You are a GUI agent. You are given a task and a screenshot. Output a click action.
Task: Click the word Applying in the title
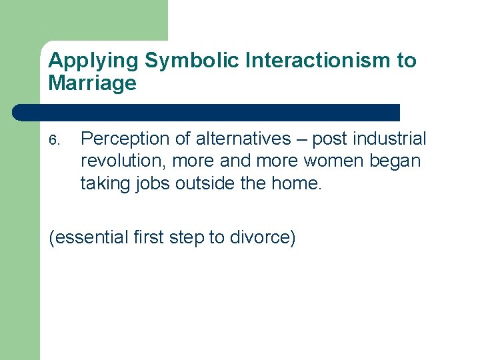(x=94, y=61)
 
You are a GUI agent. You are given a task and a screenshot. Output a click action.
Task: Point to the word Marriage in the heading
(x=92, y=83)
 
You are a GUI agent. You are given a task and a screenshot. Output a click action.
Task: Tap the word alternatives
(x=244, y=139)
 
